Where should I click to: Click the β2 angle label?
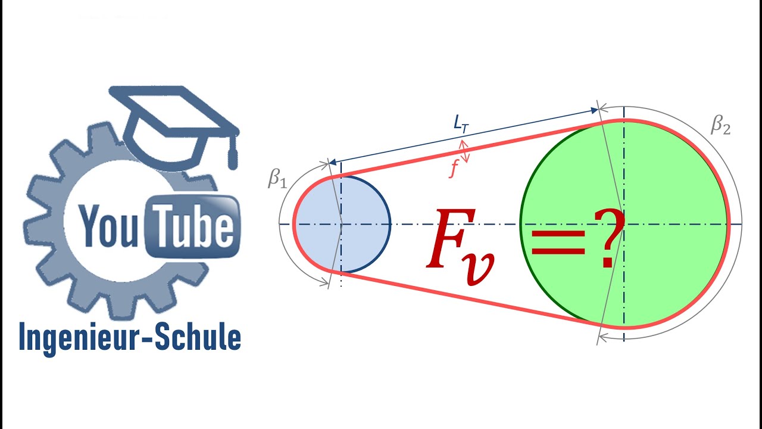coord(720,127)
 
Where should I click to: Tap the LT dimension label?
coord(461,123)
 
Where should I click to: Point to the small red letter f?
coord(454,169)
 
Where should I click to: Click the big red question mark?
coord(609,238)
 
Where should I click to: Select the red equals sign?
coord(558,242)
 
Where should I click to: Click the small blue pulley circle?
coord(342,224)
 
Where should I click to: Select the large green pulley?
coord(624,223)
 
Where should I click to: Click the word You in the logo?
coord(108,226)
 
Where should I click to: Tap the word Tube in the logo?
coord(193,226)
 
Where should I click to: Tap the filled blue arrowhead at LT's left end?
coord(333,162)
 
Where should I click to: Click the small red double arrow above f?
coord(464,151)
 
